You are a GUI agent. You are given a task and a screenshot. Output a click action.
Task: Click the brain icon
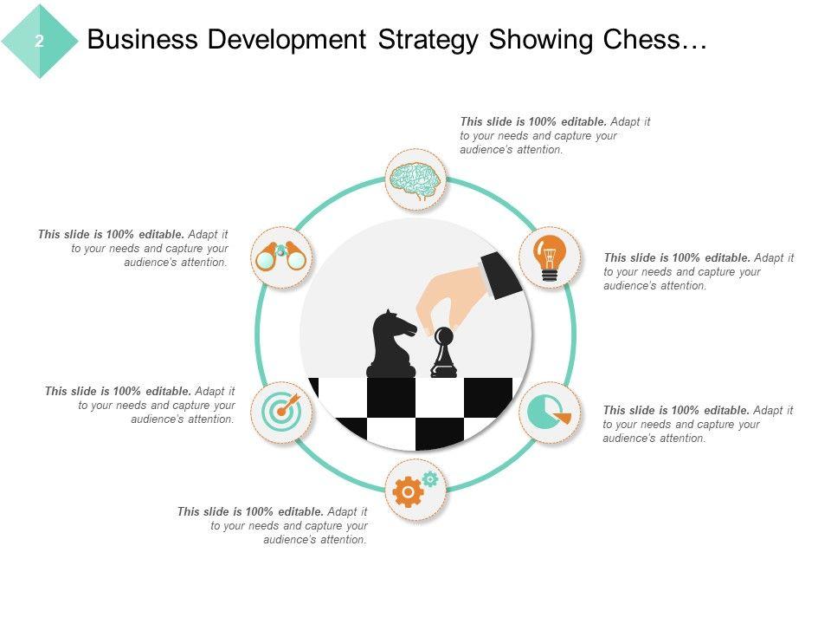415,180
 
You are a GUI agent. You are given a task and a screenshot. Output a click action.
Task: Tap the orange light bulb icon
548,257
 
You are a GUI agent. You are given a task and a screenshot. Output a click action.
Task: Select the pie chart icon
550,413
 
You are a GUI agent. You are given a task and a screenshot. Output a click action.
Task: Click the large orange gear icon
408,492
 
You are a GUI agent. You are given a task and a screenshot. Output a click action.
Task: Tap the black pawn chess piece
443,354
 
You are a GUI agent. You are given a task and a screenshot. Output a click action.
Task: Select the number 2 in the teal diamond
40,41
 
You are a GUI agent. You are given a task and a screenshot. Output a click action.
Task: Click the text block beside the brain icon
555,136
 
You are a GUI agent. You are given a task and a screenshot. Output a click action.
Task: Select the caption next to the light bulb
699,271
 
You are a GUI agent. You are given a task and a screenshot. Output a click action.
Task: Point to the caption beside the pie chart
698,424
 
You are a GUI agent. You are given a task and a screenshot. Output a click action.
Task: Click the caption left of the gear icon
273,525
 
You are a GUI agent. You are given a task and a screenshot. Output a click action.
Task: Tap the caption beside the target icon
140,405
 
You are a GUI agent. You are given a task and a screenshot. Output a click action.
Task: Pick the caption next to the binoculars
133,248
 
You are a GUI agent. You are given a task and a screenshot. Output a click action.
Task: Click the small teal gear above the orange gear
430,478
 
